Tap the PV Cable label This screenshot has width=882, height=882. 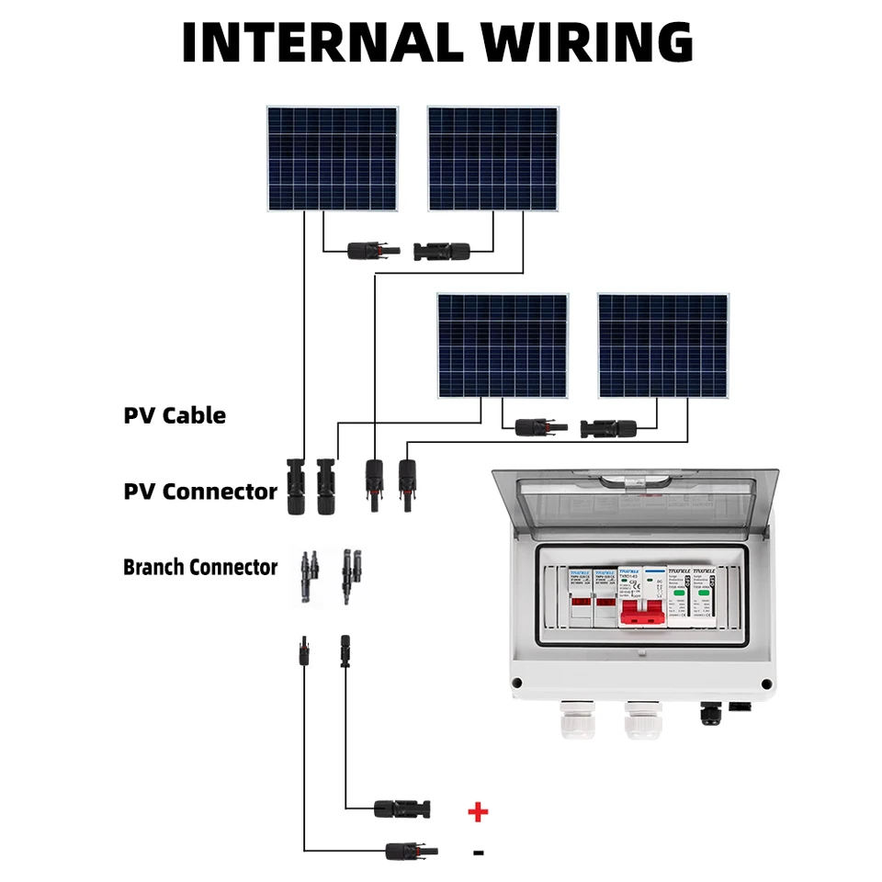click(x=175, y=415)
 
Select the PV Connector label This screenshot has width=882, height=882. click(x=200, y=492)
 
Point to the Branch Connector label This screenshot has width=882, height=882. click(x=200, y=567)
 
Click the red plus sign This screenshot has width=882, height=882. click(x=478, y=811)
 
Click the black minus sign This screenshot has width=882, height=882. click(x=478, y=853)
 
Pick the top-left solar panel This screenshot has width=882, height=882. click(x=334, y=158)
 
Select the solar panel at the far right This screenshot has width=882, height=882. click(x=662, y=345)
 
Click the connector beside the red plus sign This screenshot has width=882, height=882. click(x=401, y=809)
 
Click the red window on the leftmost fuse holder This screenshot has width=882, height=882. click(x=581, y=606)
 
